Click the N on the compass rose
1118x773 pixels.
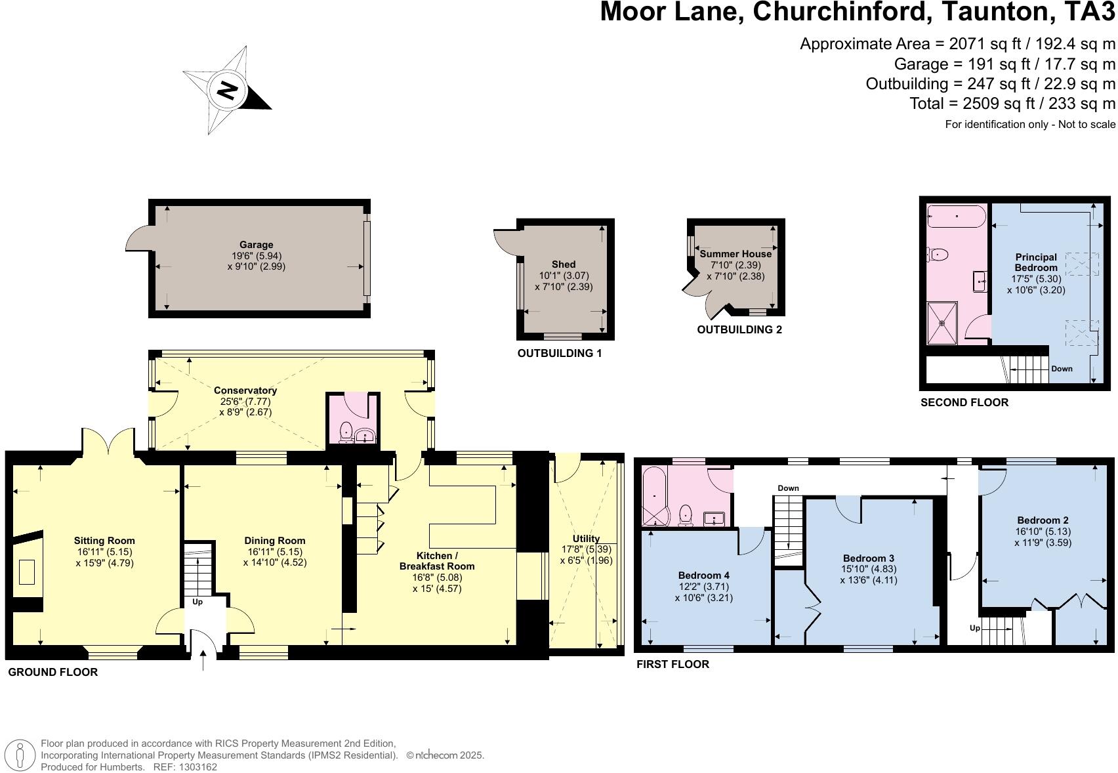227,91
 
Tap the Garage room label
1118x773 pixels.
256,245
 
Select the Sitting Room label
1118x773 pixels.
104,541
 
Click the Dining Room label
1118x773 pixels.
274,541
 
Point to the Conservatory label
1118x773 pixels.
245,390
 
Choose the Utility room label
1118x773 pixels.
586,539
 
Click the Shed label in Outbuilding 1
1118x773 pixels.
564,264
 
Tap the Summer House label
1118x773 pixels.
735,253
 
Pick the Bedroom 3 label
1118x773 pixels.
869,558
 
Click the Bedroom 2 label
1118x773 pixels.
1043,520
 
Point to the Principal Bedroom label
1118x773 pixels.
1035,262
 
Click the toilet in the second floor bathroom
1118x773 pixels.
937,255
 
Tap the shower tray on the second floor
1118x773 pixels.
942,324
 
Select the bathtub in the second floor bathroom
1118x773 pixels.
957,216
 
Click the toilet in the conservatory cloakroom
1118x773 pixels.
345,432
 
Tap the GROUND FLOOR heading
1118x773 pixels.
53,672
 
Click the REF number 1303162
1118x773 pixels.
198,767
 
